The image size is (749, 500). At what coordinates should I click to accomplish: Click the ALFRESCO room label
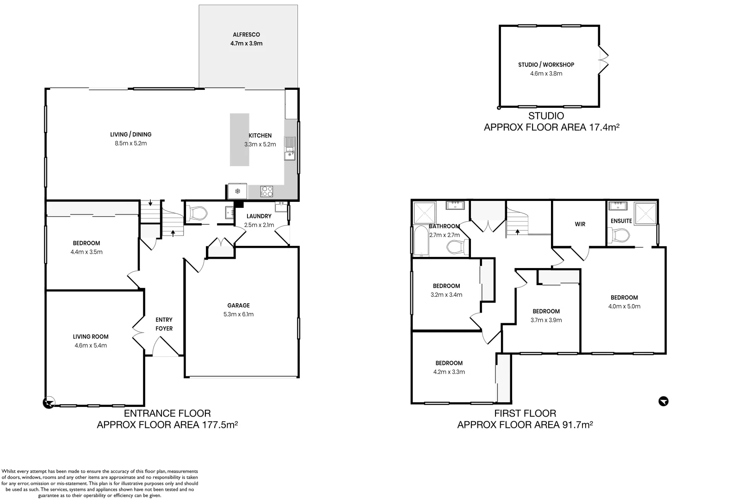pos(247,34)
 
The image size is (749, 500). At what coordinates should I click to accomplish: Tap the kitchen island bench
pos(240,139)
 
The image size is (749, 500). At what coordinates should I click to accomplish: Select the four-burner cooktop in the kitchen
pos(267,191)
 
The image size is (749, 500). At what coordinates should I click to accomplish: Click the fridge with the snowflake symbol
pos(237,191)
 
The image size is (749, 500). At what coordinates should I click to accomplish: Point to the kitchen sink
pos(290,148)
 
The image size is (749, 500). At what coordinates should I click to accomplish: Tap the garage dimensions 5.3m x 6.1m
pos(238,314)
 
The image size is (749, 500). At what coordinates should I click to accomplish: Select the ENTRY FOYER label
pos(164,324)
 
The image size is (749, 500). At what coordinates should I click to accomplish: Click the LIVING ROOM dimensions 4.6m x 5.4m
pos(91,345)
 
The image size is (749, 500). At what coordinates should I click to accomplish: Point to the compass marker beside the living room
pos(49,403)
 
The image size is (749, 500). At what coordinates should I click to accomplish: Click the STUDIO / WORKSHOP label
pos(546,65)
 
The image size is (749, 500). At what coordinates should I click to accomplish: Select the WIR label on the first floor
pos(580,224)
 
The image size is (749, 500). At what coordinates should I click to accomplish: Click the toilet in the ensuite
pos(619,236)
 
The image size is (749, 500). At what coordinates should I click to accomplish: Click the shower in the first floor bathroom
pos(425,212)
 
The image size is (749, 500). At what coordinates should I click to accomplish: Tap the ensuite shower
pos(646,214)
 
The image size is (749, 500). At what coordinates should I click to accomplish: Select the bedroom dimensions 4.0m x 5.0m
pos(624,306)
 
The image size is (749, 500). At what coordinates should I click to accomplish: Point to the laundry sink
pos(281,206)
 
